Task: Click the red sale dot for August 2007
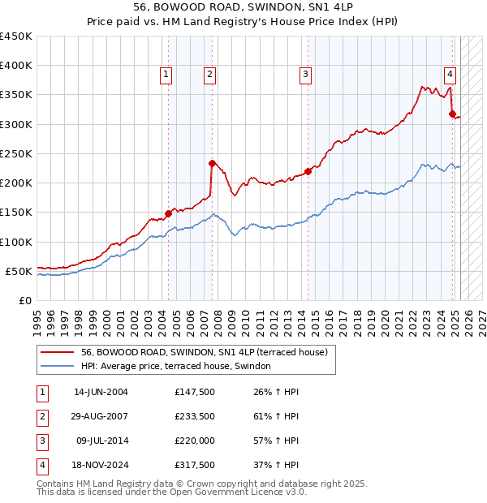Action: point(212,163)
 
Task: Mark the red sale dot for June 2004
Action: point(168,213)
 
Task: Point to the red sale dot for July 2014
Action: point(308,171)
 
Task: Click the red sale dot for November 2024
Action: point(452,114)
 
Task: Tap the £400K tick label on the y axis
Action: point(15,66)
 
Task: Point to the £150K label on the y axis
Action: point(15,213)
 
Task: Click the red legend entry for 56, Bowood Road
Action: point(204,352)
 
